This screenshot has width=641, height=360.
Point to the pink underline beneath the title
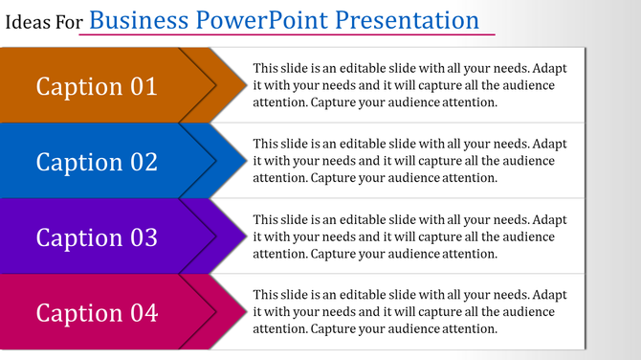[287, 35]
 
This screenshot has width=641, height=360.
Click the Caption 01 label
[97, 86]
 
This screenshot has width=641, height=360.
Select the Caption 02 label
[97, 162]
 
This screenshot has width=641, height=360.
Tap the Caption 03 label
[97, 236]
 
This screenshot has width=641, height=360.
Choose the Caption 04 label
[97, 312]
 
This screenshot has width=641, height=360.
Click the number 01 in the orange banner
[143, 86]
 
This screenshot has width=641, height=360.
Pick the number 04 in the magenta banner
[143, 312]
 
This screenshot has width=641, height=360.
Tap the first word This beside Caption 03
[267, 219]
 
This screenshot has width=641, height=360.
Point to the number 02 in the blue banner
[143, 162]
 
